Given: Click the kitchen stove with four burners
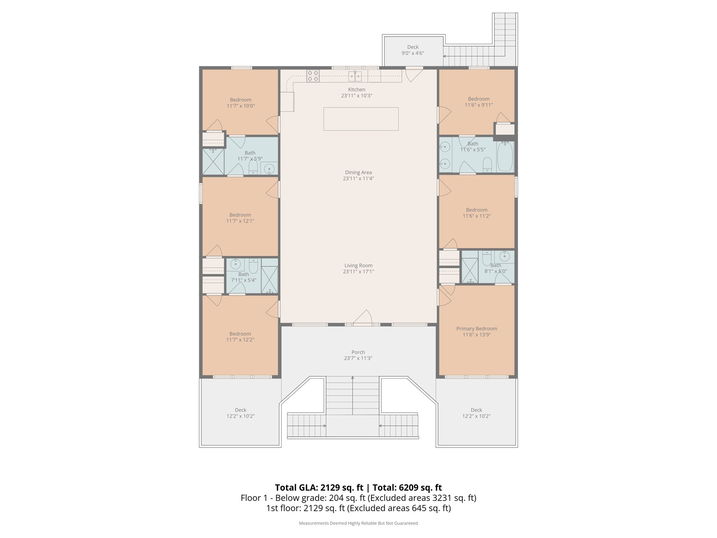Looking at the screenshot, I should point(313,76).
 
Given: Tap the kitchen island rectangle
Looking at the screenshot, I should point(361,119).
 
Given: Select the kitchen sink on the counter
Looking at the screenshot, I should point(355,76).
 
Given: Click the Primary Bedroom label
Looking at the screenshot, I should point(476,329).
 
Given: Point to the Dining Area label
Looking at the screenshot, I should point(358,172).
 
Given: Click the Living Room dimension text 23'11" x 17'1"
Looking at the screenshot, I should point(358,271).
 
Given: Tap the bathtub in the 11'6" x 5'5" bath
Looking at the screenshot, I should point(505,156).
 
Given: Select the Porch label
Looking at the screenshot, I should point(358,352).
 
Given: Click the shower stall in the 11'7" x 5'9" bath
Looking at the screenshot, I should point(213,161).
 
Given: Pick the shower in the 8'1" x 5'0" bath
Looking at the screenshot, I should point(470,270).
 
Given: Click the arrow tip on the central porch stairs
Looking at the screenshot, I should point(353,378).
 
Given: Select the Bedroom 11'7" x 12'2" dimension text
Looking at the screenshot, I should point(240,340).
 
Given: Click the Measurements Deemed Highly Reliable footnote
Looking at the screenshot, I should point(358,523).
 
